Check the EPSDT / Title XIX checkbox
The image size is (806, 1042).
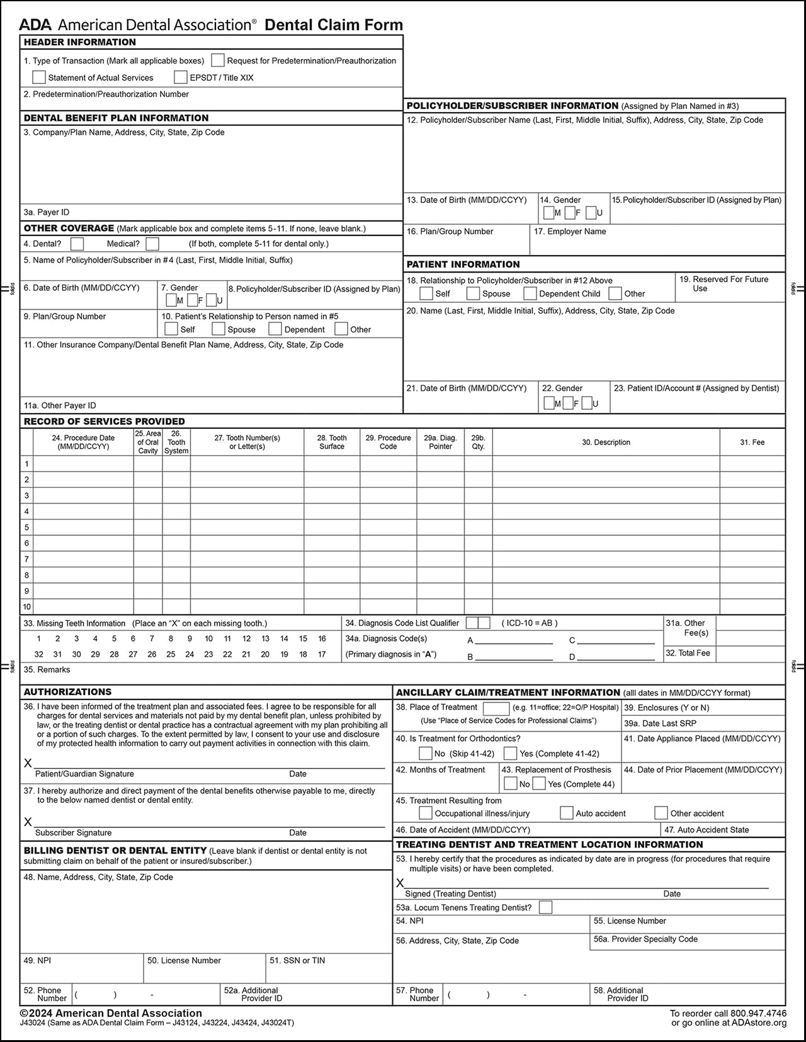pyautogui.click(x=181, y=77)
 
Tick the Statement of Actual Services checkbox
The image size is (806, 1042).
pyautogui.click(x=39, y=77)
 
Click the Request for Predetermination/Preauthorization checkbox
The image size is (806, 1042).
pyautogui.click(x=218, y=60)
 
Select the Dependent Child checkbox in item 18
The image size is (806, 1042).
pyautogui.click(x=530, y=293)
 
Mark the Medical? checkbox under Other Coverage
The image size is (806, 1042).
pyautogui.click(x=152, y=244)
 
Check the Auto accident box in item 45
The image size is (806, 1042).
pyautogui.click(x=567, y=813)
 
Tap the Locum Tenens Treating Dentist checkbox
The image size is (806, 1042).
pyautogui.click(x=546, y=907)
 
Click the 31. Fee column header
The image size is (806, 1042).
pyautogui.click(x=752, y=443)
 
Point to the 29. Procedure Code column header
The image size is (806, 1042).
pyautogui.click(x=388, y=442)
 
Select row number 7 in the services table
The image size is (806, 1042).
pyautogui.click(x=26, y=559)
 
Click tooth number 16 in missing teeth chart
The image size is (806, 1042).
pyautogui.click(x=322, y=638)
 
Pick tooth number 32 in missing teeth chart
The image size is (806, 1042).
pyautogui.click(x=39, y=654)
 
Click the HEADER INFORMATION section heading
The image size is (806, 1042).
pyautogui.click(x=80, y=42)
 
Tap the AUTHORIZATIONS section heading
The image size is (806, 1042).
pyautogui.click(x=67, y=691)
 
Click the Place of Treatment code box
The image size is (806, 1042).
pyautogui.click(x=496, y=708)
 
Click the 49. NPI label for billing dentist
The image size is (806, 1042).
pyautogui.click(x=38, y=961)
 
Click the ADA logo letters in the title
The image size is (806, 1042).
pyautogui.click(x=35, y=25)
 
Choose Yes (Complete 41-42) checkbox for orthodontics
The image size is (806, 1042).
pyautogui.click(x=511, y=754)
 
